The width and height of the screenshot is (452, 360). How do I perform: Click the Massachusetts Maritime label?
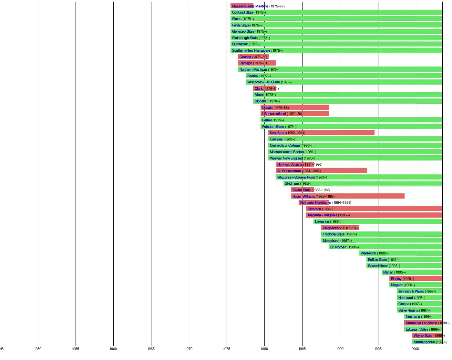tap(250, 6)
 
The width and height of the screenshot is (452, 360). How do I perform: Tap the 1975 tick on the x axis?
tap(227, 349)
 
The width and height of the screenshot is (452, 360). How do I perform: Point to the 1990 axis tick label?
tap(340, 349)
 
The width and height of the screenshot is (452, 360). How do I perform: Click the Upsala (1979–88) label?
tap(275, 108)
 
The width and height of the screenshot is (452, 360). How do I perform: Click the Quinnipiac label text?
tap(240, 44)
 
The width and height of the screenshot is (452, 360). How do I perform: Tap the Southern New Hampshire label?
tap(251, 50)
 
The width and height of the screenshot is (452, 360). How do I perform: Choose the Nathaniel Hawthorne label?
tap(315, 202)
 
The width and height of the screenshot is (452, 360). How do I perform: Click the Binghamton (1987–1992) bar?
tap(340, 228)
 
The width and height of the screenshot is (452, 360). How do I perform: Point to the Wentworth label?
tap(368, 253)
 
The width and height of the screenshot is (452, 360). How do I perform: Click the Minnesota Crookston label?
tap(421, 323)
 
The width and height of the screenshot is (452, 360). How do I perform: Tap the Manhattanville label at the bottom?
tap(424, 342)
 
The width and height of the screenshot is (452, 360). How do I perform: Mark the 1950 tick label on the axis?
tap(38, 349)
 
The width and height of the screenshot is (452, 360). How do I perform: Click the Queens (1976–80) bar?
tap(253, 57)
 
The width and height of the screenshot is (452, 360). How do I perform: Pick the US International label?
tap(274, 114)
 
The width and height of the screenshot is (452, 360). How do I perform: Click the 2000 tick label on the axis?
tap(416, 349)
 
